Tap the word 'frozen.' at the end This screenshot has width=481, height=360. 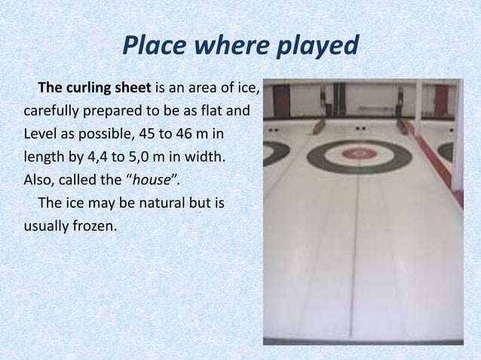[95, 225]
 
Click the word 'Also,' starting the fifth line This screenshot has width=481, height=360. [40, 181]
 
